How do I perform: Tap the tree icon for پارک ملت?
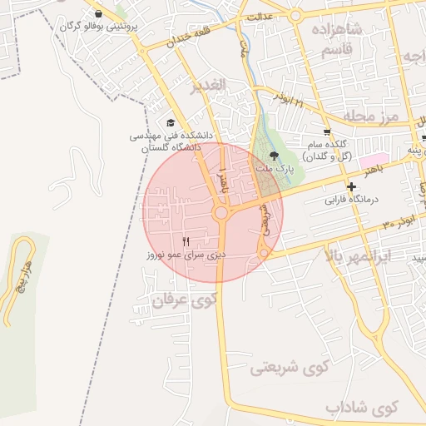tap(275, 155)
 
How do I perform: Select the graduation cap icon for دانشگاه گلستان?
tap(171, 122)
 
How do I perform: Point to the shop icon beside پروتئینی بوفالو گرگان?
tap(100, 14)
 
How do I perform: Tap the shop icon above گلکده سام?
tap(327, 131)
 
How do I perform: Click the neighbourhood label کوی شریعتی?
tap(290, 366)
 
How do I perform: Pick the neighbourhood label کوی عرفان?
tap(186, 301)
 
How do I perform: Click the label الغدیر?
tap(207, 86)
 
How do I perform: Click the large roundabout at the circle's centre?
tap(221, 214)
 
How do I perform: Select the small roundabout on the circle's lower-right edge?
tap(264, 252)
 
